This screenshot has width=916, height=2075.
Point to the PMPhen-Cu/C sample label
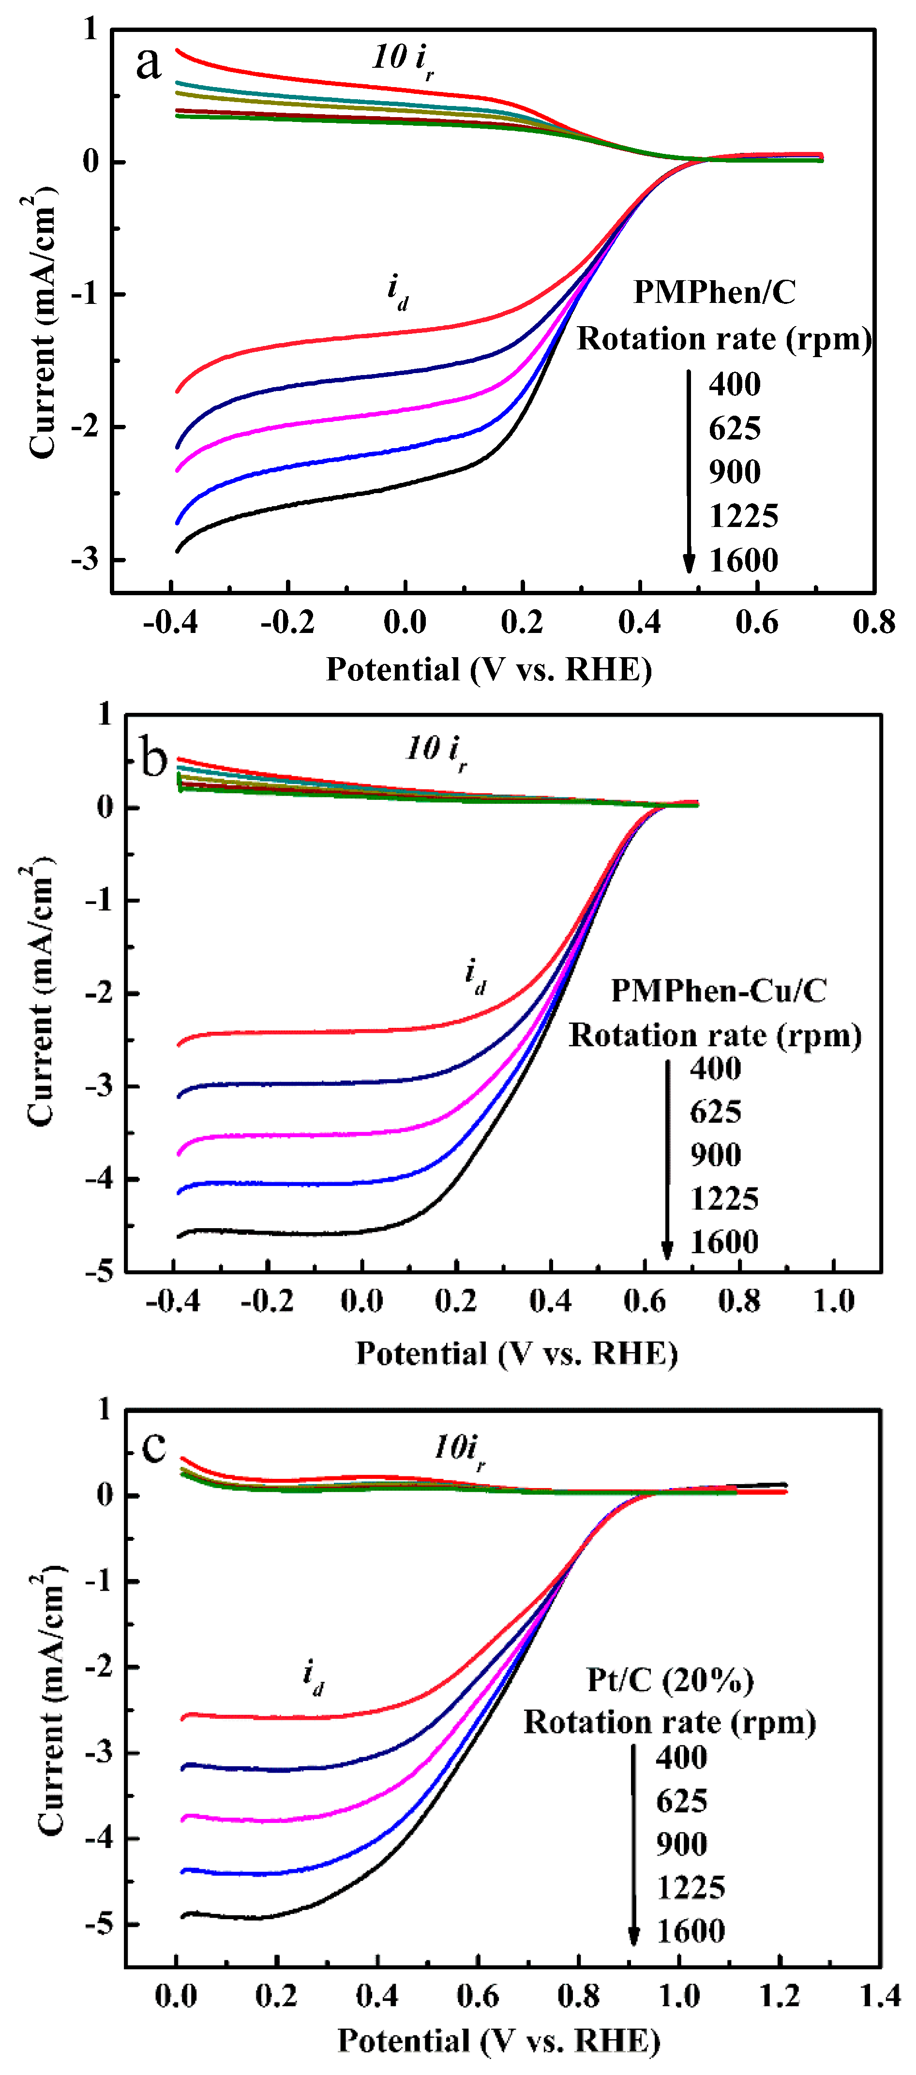click(x=719, y=990)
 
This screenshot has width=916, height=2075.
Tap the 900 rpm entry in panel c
click(x=682, y=1845)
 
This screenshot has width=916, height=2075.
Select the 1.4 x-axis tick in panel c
click(x=880, y=1996)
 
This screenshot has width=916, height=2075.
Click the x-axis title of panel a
click(x=488, y=669)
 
